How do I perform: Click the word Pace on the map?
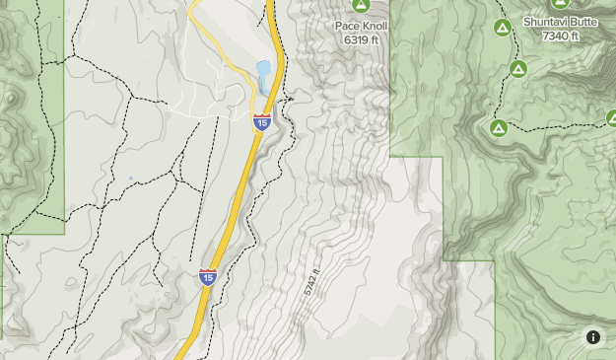pos(348,27)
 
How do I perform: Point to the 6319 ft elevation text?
pos(362,39)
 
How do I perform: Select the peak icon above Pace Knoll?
pos(360,6)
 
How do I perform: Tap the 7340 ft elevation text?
pos(561,36)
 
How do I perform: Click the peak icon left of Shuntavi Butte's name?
pos(502,27)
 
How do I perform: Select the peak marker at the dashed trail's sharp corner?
pos(499,127)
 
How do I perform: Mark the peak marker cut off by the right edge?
pos(611,118)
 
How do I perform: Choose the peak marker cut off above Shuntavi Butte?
pos(560,4)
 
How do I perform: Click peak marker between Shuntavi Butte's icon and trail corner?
pos(518,68)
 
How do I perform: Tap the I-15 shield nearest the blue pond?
pos(261,121)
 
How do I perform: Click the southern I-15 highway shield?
pos(208,277)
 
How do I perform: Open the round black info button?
pos(593,337)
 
